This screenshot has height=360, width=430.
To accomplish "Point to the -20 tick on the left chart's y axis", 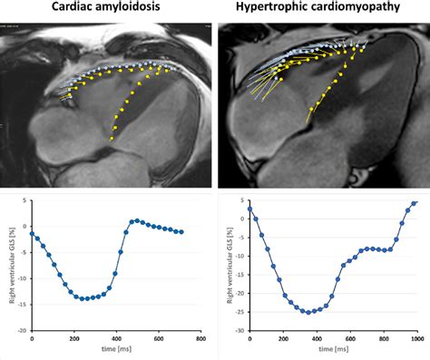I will (x=23, y=331).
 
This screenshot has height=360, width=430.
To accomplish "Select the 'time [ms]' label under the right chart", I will (x=332, y=349).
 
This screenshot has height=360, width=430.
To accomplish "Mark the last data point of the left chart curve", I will (x=183, y=232).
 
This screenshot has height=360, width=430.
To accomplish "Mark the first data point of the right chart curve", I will (x=249, y=209).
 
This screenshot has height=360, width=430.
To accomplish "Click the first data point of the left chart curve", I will (x=33, y=233).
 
